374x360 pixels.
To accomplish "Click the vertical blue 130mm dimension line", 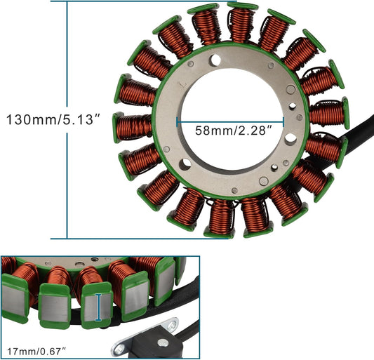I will click(68, 119).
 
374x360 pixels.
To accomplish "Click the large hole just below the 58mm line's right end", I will click(290, 139).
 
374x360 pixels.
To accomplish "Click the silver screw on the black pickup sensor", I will click(163, 343).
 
